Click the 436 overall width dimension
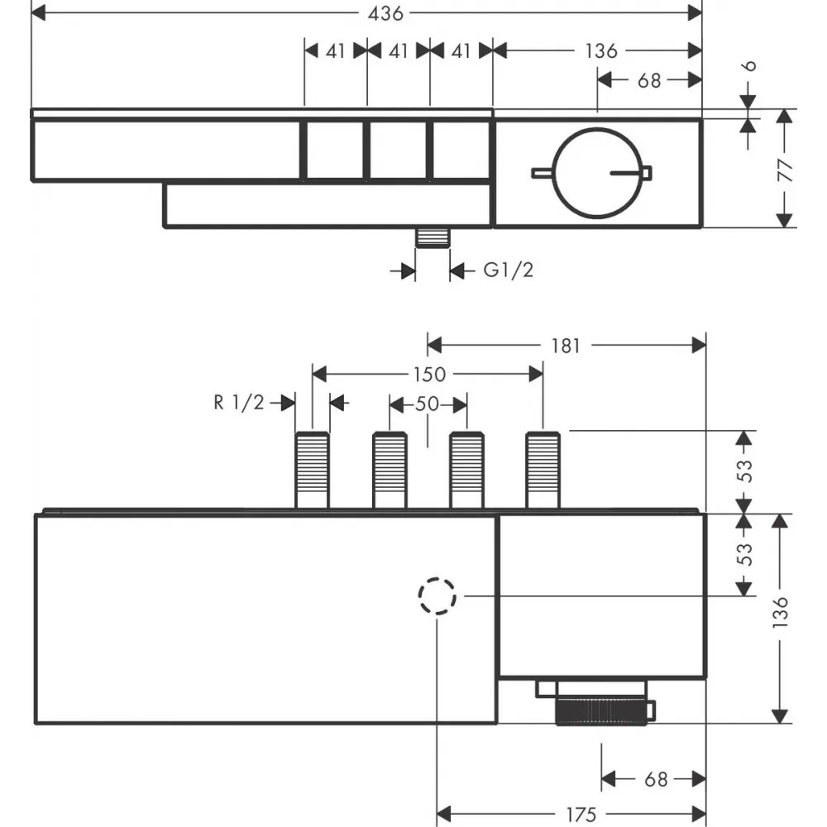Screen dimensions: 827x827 point(385,13)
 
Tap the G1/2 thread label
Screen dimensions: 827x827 point(509,270)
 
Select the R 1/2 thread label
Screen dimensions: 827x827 point(238,403)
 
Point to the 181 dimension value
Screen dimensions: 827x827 point(566,346)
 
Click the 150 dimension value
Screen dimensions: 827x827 point(429,375)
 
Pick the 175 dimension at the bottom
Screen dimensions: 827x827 point(581,815)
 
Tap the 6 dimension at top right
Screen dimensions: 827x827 point(749,66)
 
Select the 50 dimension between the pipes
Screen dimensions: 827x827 point(428,404)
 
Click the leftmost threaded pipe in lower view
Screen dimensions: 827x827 point(313,471)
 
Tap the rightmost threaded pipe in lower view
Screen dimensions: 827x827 point(543,471)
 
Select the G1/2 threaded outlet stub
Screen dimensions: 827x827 point(433,238)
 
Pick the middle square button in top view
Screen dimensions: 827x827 point(399,151)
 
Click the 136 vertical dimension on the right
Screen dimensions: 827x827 point(780,612)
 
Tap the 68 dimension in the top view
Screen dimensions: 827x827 point(648,81)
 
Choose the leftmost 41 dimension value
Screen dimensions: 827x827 point(336,51)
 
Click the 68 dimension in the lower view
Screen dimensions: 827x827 point(656,779)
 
